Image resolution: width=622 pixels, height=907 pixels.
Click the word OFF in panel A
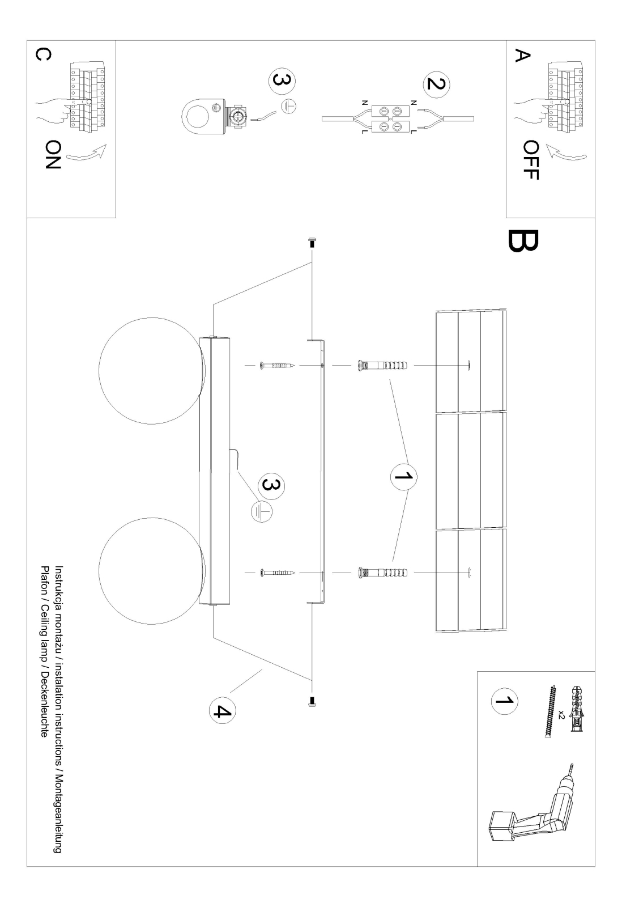point(531,160)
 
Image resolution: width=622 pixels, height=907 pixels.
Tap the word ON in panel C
point(52,155)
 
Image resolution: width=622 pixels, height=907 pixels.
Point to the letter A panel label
point(522,56)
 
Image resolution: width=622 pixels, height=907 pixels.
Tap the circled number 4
point(223,710)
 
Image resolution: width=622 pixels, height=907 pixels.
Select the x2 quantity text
point(561,714)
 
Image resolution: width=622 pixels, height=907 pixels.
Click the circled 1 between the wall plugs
point(404,477)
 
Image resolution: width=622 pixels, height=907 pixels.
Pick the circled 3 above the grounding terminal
point(282,80)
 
